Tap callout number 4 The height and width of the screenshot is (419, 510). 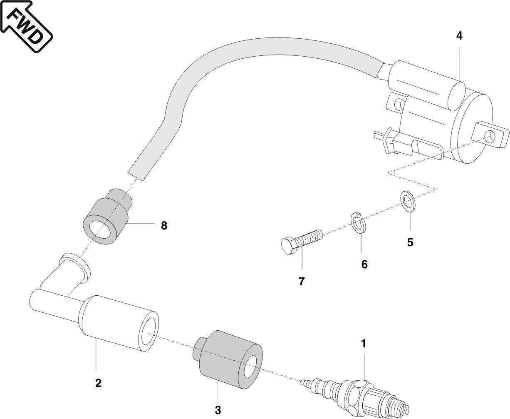pyautogui.click(x=459, y=36)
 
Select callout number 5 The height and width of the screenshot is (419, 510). pyautogui.click(x=410, y=242)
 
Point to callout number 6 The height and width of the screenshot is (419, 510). pyautogui.click(x=364, y=264)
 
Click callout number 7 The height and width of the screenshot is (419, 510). pyautogui.click(x=302, y=282)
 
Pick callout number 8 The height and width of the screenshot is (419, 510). pyautogui.click(x=164, y=226)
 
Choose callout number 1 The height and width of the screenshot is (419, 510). pyautogui.click(x=363, y=344)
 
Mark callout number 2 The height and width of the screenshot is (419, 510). pyautogui.click(x=98, y=383)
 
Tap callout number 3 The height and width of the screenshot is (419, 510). pyautogui.click(x=218, y=410)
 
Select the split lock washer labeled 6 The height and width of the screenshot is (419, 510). pyautogui.click(x=357, y=223)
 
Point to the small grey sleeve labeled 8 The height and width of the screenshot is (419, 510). pyautogui.click(x=107, y=217)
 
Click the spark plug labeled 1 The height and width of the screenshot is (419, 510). pyautogui.click(x=358, y=394)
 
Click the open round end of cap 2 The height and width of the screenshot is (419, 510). pyautogui.click(x=149, y=331)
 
